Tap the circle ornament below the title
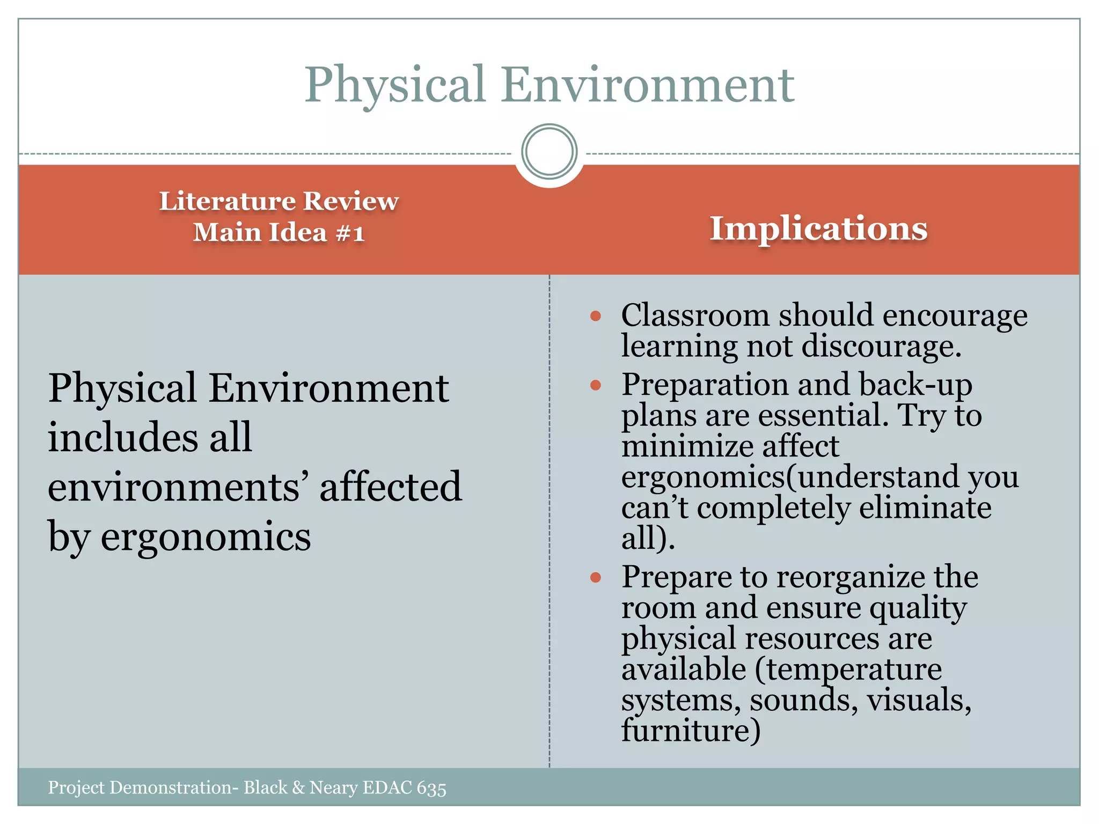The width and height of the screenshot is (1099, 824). click(x=549, y=151)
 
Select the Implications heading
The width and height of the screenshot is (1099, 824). click(x=818, y=228)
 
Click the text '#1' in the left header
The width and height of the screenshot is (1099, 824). click(x=350, y=233)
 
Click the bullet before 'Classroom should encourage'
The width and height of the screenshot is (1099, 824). click(x=595, y=316)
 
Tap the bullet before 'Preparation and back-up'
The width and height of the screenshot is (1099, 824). click(x=595, y=385)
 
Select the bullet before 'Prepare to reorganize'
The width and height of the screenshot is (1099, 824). click(x=595, y=578)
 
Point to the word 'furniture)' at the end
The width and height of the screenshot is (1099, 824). click(x=691, y=731)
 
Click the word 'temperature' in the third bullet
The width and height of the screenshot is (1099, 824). click(x=848, y=669)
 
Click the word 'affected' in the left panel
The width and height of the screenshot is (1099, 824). click(x=390, y=487)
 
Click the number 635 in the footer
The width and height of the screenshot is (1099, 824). click(x=431, y=788)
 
